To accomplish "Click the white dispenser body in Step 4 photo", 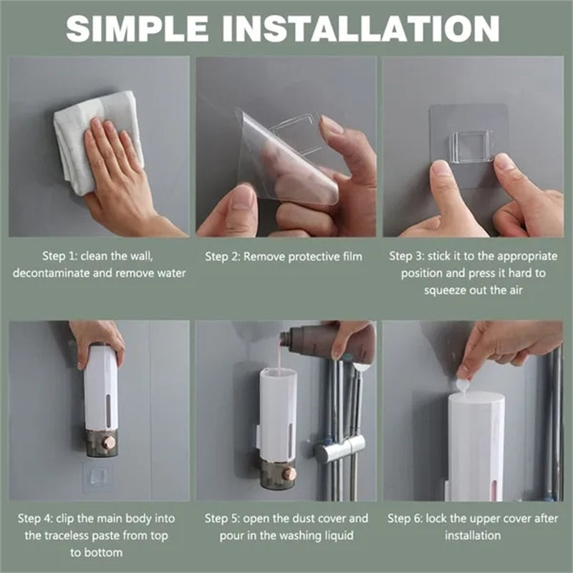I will (x=100, y=390).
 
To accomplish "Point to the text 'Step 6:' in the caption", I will (x=407, y=518).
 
